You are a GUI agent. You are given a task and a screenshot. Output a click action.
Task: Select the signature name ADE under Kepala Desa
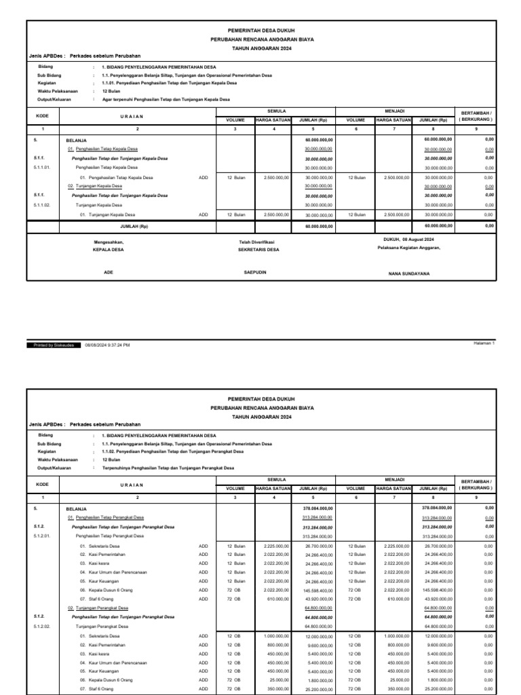click(108, 272)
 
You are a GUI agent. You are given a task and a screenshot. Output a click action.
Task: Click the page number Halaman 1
click(484, 343)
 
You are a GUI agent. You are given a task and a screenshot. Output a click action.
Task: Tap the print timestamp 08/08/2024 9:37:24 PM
click(107, 345)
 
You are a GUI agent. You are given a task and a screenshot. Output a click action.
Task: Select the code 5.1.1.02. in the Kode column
click(45, 204)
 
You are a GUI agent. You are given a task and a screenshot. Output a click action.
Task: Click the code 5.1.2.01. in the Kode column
click(45, 536)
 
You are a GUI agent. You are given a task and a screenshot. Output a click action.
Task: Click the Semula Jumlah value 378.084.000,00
click(315, 507)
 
